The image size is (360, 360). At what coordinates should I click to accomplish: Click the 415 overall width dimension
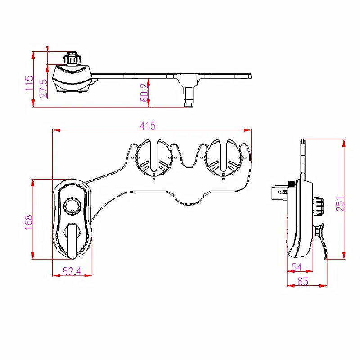pyautogui.click(x=148, y=126)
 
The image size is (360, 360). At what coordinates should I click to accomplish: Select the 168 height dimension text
pyautogui.click(x=29, y=222)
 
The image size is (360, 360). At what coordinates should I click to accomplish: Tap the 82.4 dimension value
pyautogui.click(x=72, y=271)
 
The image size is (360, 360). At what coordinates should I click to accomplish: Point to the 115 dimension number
pyautogui.click(x=29, y=83)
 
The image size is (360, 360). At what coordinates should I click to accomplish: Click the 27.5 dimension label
pyautogui.click(x=44, y=89)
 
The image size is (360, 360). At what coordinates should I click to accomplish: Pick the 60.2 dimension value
pyautogui.click(x=144, y=93)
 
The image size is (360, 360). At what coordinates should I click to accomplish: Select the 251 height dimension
pyautogui.click(x=340, y=204)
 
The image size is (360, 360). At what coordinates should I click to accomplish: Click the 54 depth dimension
pyautogui.click(x=297, y=267)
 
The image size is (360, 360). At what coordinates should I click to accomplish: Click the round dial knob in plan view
pyautogui.click(x=72, y=206)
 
